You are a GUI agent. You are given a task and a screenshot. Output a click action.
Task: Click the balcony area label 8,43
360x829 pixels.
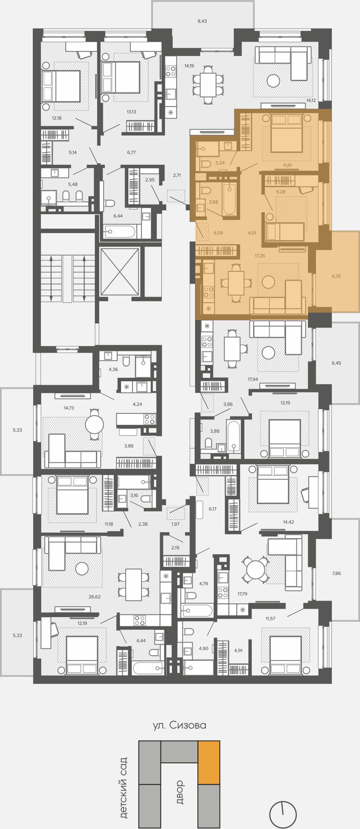click(x=202, y=21)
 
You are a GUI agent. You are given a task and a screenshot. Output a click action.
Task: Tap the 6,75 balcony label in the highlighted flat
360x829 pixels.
click(x=336, y=276)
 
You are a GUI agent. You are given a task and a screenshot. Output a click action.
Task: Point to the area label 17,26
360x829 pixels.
click(x=260, y=256)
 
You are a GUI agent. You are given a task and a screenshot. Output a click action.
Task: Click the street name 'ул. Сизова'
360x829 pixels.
click(x=180, y=725)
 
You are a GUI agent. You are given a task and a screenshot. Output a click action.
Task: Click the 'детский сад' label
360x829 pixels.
click(x=123, y=788)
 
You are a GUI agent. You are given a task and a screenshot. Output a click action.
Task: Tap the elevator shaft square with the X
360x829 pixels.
click(x=119, y=271)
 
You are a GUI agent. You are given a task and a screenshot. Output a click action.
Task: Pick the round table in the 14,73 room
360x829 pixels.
click(x=95, y=424)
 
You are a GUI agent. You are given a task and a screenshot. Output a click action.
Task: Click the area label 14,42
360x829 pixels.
click(x=289, y=522)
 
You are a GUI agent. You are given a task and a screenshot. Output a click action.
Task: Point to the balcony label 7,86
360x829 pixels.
click(x=336, y=573)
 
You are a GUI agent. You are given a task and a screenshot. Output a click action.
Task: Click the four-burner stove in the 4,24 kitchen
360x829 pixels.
click(x=149, y=419)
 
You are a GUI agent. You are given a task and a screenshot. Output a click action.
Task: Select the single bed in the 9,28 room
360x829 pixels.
click(x=285, y=232)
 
